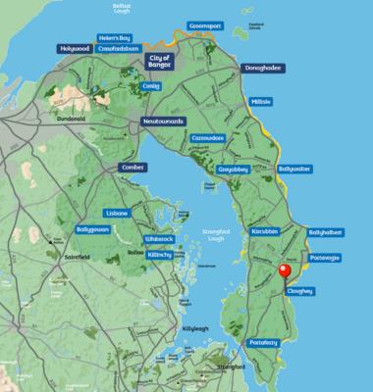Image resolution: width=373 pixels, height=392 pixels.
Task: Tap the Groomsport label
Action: [x=211, y=29]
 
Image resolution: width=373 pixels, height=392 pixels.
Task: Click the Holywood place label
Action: [x=75, y=48]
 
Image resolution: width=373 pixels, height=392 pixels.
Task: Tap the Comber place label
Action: [x=131, y=168]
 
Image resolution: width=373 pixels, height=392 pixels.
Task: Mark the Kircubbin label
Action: [x=266, y=229]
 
